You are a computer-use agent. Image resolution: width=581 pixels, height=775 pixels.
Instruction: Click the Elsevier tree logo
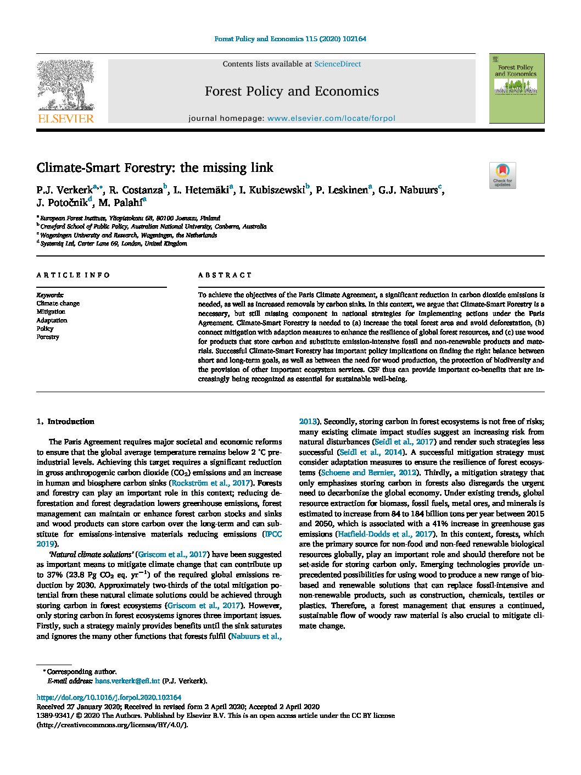pos(65,88)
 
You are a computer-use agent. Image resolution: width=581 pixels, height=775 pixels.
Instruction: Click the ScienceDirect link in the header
pos(337,64)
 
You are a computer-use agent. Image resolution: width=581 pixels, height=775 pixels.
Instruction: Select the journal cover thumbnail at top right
pos(516,88)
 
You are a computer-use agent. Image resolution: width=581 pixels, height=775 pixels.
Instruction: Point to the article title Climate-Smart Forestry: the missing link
pos(155,168)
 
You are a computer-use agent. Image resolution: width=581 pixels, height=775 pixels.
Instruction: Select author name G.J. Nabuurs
pos(407,191)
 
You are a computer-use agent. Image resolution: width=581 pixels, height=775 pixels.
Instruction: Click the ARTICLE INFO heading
pos(73,275)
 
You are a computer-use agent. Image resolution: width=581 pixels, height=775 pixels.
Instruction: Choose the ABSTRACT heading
pos(225,275)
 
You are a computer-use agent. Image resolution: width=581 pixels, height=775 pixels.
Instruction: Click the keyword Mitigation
pos(51,312)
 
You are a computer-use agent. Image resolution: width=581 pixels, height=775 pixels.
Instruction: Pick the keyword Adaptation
pos(52,320)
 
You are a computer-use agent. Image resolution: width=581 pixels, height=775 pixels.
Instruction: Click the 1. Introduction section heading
pos(65,422)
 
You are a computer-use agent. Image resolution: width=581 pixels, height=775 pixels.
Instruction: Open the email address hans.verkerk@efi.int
pos(127,681)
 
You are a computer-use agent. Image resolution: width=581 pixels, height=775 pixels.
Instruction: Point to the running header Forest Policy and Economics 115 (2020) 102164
pos(290,39)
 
